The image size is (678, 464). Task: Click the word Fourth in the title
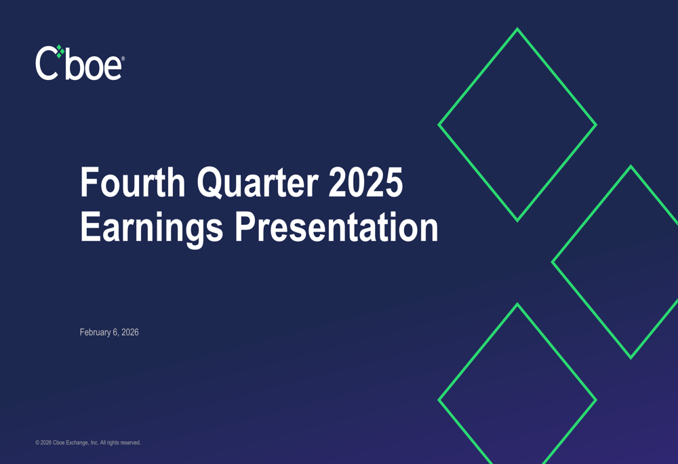pos(133,183)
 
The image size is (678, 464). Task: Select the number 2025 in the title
pos(366,183)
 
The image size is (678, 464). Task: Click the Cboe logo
pos(79,63)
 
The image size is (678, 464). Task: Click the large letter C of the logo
pos(45,64)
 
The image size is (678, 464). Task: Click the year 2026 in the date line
pos(129,333)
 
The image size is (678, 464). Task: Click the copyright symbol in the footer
pos(37,443)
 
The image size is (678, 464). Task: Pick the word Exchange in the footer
pos(77,443)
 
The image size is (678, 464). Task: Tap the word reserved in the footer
pos(129,443)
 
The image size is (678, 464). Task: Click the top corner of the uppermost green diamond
pos(517,30)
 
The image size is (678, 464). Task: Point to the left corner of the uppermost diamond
pos(440,125)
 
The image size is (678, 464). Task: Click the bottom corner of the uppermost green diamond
pos(517,219)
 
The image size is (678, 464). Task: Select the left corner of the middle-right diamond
pos(553,262)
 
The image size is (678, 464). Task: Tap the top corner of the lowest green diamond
pos(517,305)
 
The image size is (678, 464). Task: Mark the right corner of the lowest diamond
pos(595,400)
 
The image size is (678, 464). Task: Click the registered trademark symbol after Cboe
pos(123,59)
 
